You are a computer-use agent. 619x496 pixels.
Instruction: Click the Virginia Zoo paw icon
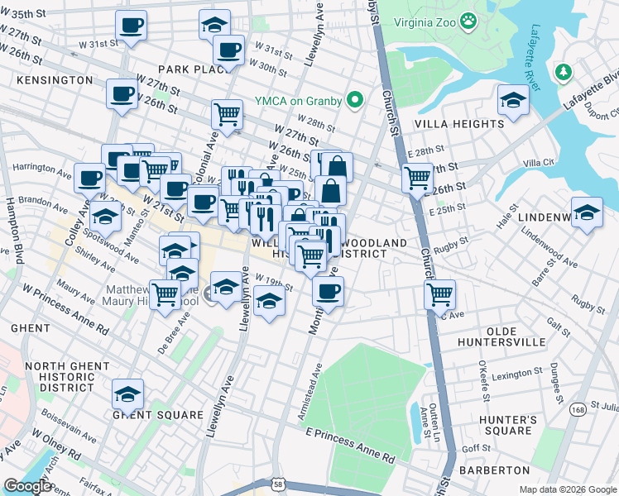[469, 19]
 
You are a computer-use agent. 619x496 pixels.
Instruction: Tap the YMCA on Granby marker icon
[356, 101]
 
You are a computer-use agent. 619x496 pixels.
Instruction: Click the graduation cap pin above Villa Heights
[513, 101]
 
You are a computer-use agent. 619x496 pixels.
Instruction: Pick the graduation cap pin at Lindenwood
[587, 212]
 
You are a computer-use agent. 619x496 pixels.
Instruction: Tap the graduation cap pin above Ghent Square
[127, 393]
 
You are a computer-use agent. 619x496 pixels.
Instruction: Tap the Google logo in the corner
[27, 486]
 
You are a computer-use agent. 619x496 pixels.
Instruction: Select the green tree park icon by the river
[564, 72]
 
